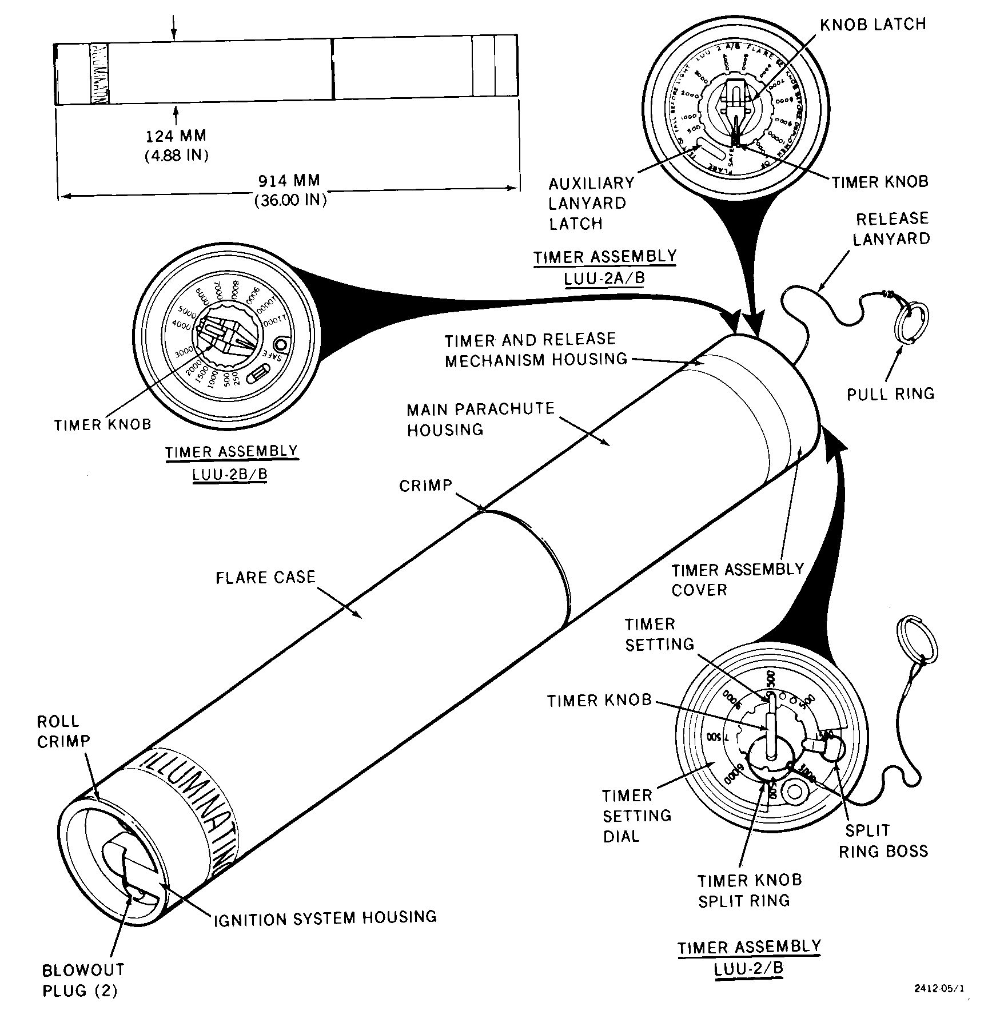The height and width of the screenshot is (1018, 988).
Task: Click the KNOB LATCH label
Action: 873,25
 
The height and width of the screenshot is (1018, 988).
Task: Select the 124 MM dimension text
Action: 176,136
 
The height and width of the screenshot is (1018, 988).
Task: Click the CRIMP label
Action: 425,486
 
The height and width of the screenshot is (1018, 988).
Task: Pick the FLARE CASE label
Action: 265,577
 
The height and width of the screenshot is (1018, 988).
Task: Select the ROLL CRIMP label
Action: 63,731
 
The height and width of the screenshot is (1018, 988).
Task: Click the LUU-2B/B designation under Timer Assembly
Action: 230,475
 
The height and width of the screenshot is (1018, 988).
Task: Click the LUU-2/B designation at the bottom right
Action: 748,969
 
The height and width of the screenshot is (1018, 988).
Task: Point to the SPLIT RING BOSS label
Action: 883,841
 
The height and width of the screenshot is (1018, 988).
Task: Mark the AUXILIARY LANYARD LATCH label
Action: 591,203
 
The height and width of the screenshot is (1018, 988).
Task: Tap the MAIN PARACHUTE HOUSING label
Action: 480,419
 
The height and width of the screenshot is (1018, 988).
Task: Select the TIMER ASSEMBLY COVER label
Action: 738,580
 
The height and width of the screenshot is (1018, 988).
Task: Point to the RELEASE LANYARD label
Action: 891,229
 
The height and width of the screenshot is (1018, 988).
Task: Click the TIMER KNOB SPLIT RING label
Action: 749,890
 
